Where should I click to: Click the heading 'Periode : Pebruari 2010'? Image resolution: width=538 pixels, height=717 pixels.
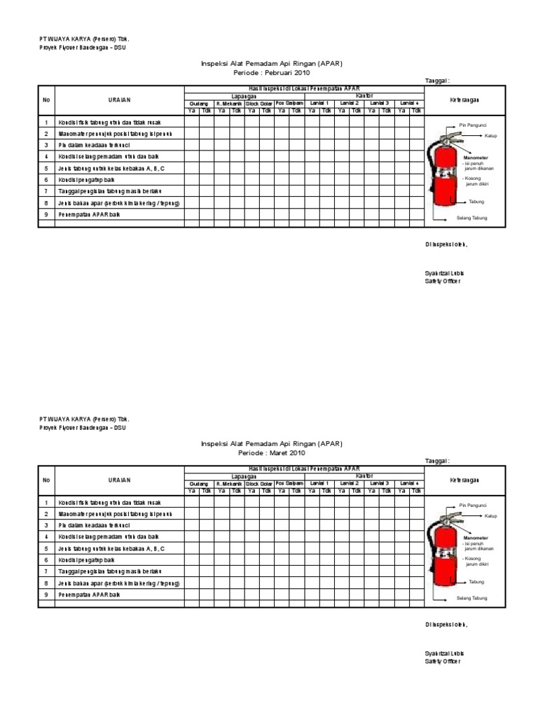pos(271,73)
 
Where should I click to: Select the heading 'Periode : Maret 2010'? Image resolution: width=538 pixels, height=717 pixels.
pos(271,454)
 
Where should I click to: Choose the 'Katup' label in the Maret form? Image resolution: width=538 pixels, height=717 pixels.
pos(490,515)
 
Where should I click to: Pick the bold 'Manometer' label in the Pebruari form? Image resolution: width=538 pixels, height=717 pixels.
pos(476,158)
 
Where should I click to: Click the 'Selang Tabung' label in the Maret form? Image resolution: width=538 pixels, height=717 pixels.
pos(471,599)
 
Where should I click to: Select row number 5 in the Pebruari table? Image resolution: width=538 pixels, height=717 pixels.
pos(46,169)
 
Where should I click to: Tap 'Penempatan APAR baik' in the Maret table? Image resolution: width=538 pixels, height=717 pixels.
pos(90,594)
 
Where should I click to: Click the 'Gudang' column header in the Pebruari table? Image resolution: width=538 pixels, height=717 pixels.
pos(198,103)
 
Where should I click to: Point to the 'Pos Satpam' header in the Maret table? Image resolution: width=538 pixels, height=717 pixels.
pos(289,483)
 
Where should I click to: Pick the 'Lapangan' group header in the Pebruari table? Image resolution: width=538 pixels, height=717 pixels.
pos(244,96)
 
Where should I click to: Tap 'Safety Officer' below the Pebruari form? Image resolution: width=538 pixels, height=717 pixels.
pos(443,280)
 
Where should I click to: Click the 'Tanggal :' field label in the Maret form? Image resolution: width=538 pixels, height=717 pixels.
pos(436,461)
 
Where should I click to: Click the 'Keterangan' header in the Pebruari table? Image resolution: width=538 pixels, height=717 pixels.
pos(464,100)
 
